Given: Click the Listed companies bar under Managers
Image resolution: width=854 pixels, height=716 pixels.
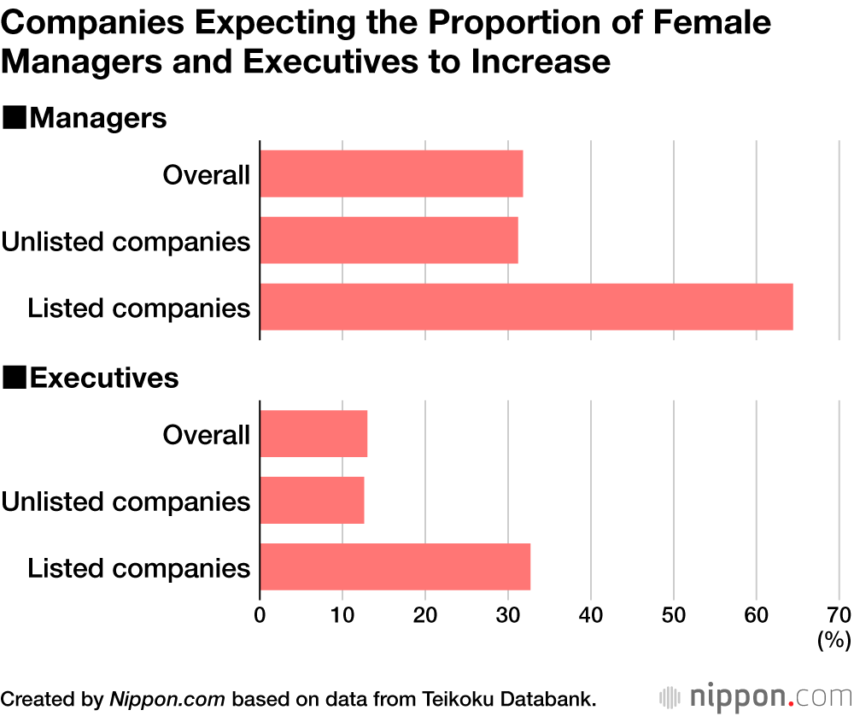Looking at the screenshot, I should point(526,307).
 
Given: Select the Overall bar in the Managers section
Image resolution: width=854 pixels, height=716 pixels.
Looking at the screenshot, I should point(391,174).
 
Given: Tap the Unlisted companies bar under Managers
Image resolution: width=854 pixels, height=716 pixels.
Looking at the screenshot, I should point(389,240).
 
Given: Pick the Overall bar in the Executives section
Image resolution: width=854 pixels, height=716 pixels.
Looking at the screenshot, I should point(313,434).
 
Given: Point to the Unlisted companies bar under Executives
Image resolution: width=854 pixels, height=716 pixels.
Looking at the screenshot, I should point(312,500).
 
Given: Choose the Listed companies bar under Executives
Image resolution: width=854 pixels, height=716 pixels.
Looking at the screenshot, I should point(395,566).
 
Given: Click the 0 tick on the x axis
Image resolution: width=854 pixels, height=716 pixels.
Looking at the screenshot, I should point(260,615).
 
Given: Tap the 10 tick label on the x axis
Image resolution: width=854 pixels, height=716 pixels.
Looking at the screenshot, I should point(342,615).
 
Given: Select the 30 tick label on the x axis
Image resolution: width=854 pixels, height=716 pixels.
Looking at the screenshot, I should point(507,615).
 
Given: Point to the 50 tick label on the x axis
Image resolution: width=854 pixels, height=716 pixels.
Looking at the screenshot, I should point(673,615).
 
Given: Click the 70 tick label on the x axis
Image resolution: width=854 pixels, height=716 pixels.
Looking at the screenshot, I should point(838,615).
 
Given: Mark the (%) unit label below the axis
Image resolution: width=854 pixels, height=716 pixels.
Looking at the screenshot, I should point(833,640).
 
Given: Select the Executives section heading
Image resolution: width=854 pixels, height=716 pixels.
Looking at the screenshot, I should point(103,378).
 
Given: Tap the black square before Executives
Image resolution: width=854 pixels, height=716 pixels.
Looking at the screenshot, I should point(15,378).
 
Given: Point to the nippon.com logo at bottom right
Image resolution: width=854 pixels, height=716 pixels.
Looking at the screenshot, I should point(753,695).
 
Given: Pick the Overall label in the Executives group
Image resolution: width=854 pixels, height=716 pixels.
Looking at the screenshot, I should point(206,434).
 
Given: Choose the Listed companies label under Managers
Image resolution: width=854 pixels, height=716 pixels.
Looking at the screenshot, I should point(139,307).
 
